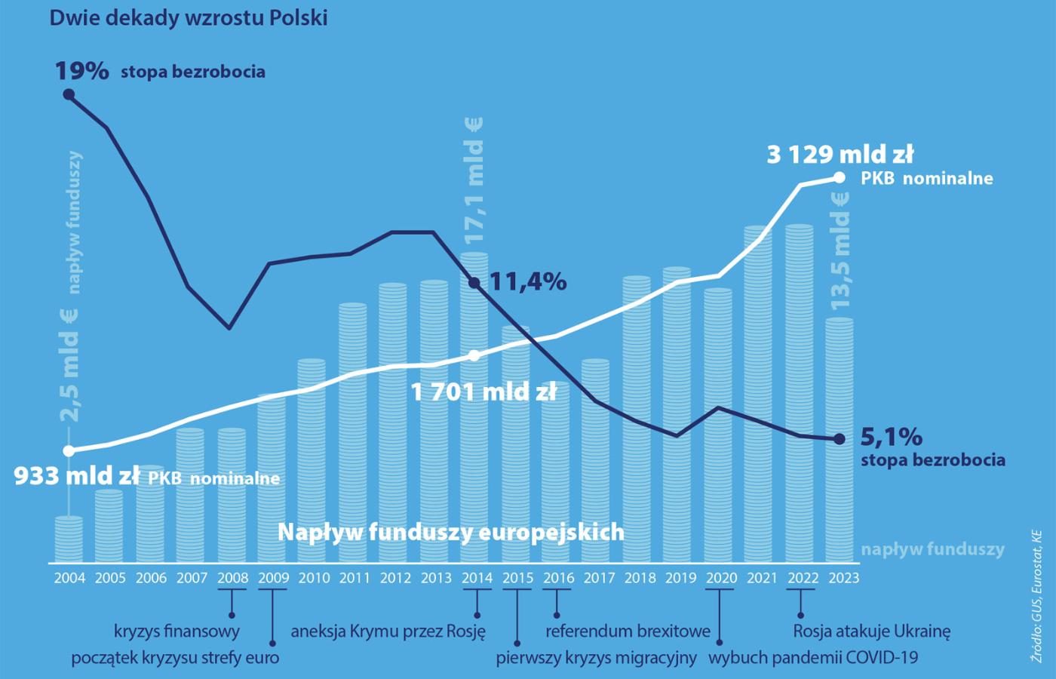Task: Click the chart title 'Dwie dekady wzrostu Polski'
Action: (189, 18)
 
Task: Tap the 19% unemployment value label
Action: (81, 71)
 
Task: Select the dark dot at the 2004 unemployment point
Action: (69, 94)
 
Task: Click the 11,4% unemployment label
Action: (528, 282)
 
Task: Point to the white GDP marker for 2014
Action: (474, 355)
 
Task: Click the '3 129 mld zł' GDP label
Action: (840, 155)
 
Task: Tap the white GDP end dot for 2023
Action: (840, 178)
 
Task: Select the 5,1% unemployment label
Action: (891, 437)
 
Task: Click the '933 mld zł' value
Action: (76, 476)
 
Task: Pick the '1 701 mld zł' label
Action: (483, 392)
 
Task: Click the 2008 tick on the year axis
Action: (232, 579)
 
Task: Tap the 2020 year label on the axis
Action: (721, 579)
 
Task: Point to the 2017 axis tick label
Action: (599, 579)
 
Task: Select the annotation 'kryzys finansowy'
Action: (177, 631)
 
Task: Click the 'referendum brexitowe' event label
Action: (628, 631)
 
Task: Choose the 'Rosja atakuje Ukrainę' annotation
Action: (871, 631)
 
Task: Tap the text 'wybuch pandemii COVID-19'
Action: (813, 658)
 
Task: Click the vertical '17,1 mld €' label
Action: (474, 181)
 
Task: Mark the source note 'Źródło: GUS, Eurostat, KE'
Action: (1036, 596)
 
